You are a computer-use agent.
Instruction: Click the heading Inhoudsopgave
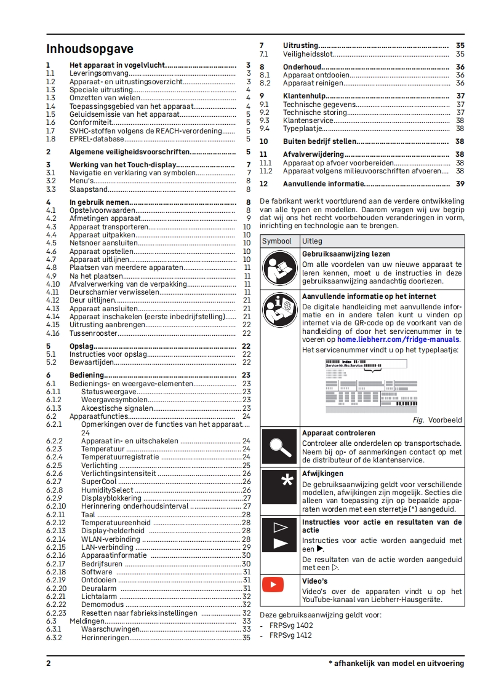90,49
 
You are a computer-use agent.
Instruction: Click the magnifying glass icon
280,447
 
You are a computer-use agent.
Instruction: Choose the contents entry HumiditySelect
107,490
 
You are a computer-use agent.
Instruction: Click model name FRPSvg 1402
290,625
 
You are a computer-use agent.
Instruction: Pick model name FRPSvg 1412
290,635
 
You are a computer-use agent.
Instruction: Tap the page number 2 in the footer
49,664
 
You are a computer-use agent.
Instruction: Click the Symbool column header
277,241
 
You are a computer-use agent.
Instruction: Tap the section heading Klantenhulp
304,96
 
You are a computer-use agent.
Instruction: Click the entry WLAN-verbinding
111,539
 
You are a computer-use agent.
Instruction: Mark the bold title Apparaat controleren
338,433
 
